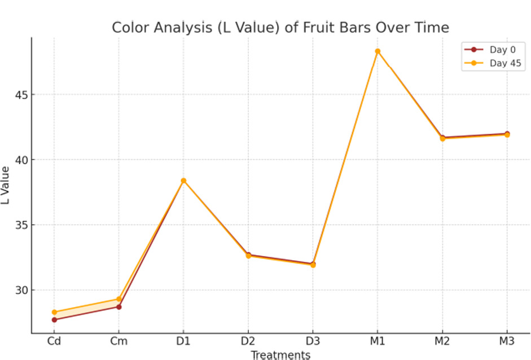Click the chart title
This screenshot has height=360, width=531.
[280, 28]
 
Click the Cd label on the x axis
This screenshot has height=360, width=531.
[54, 341]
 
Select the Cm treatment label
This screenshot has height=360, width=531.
[119, 341]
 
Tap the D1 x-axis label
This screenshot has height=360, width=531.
[183, 341]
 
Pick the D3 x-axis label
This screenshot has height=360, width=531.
[313, 341]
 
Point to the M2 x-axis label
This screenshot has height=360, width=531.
[442, 341]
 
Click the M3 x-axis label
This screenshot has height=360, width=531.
[507, 341]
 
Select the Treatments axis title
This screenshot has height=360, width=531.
[280, 355]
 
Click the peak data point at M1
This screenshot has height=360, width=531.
[378, 51]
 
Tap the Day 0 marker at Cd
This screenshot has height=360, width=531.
[54, 320]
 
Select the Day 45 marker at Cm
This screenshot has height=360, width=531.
[119, 299]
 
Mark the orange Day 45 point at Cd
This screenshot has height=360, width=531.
[54, 312]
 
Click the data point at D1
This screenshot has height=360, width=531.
[183, 181]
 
